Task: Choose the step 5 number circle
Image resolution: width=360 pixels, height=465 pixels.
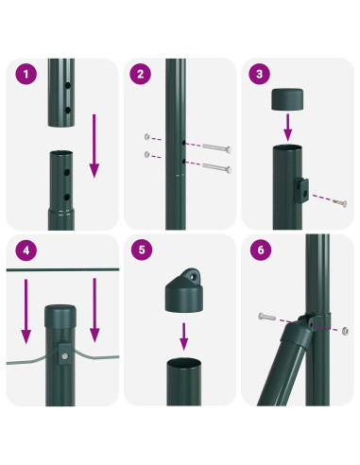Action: (x=141, y=251)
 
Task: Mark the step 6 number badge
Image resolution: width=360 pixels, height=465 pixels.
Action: (x=257, y=251)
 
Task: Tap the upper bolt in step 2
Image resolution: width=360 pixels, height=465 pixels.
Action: (x=214, y=147)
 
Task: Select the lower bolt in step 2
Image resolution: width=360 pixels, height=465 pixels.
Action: (x=214, y=168)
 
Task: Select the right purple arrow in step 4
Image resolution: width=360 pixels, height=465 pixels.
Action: (x=94, y=311)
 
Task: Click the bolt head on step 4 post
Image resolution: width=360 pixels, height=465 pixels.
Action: (x=61, y=357)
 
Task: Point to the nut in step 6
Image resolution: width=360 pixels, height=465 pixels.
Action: (x=344, y=331)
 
